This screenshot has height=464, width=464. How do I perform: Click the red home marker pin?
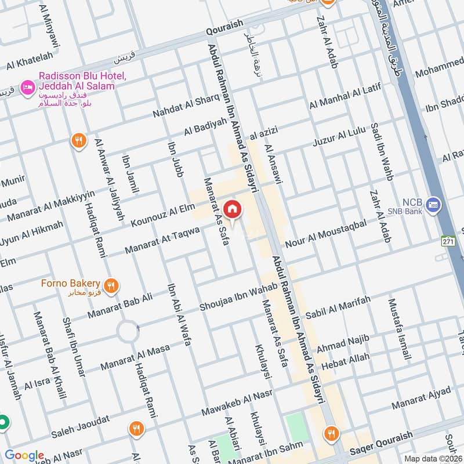coord(232,209)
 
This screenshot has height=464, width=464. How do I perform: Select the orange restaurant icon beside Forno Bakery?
coord(112,285)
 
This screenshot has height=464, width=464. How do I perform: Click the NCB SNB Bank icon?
coord(433,204)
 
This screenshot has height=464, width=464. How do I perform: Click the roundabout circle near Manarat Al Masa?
coord(128,332)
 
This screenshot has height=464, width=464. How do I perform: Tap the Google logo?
coord(24,455)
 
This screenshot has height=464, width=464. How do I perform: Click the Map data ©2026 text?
coord(432,458)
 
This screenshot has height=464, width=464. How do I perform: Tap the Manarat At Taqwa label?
coord(163,241)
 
